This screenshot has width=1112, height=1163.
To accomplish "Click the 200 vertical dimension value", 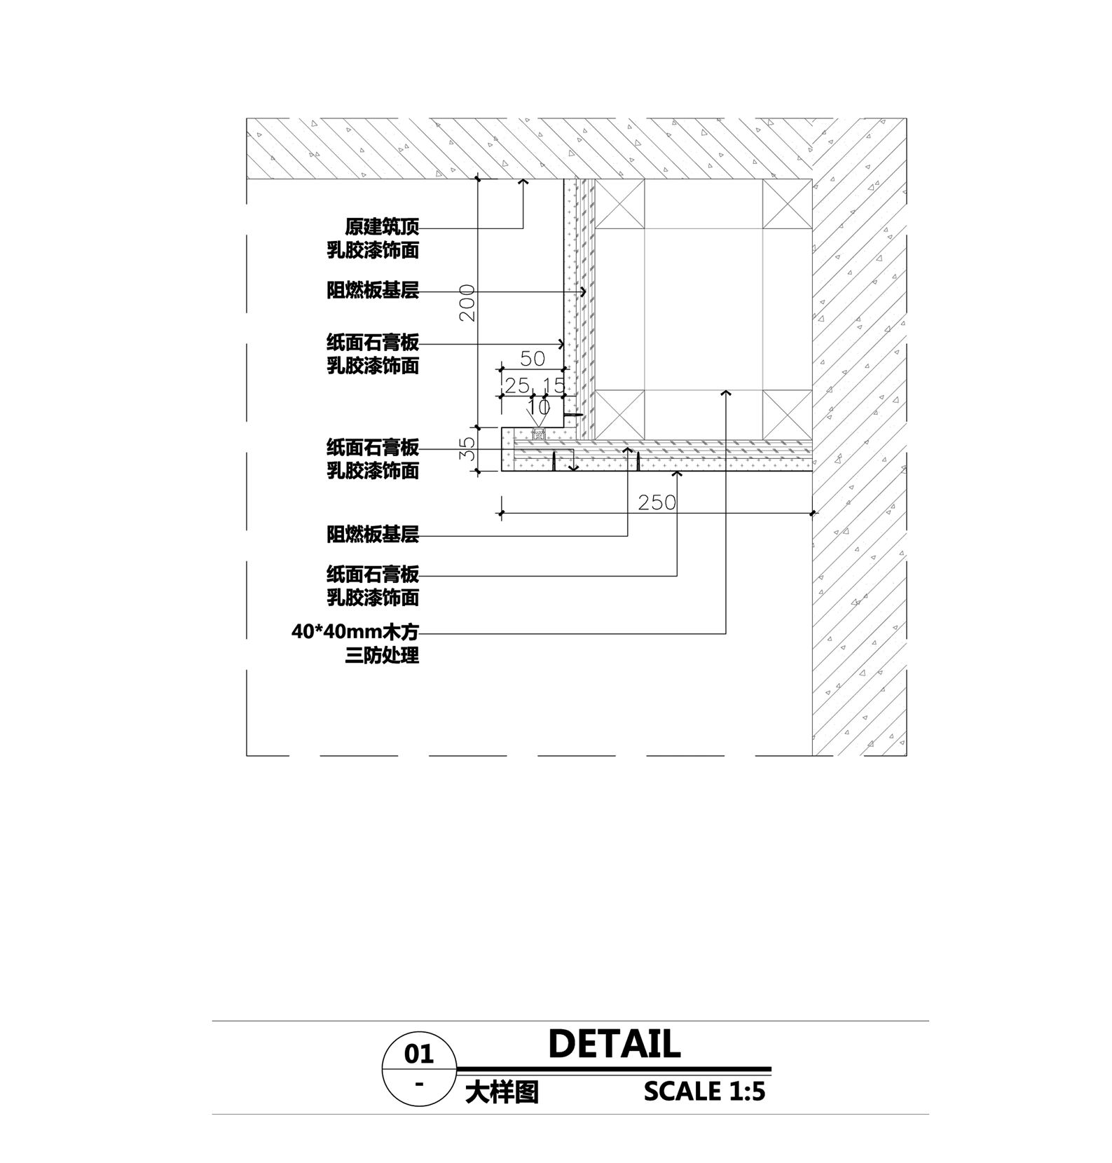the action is click(467, 303).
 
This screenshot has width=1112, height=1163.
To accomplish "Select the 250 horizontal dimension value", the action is click(657, 502).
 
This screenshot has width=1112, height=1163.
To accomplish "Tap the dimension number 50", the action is click(533, 359).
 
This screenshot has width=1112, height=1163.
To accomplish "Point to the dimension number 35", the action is click(467, 448).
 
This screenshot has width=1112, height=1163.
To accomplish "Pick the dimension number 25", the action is click(518, 385).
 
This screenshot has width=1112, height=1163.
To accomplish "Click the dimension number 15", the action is click(554, 385).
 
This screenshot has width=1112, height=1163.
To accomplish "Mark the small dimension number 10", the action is click(539, 407).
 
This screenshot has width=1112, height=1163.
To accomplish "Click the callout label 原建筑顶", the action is click(382, 227).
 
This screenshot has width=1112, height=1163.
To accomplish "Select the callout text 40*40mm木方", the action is click(355, 633).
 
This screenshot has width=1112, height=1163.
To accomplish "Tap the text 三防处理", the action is click(382, 656).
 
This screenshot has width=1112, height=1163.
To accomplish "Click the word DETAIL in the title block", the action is click(614, 1044).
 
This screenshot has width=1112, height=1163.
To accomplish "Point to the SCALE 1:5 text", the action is click(705, 1091).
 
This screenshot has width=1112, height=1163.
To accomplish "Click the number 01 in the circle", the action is click(419, 1054).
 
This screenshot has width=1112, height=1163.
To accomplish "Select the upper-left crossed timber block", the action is click(619, 204).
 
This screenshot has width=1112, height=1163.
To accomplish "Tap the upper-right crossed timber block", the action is click(787, 204).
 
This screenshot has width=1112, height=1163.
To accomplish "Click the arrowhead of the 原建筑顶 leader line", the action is click(523, 181).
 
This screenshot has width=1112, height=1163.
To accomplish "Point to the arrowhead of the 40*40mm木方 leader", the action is click(726, 394).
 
